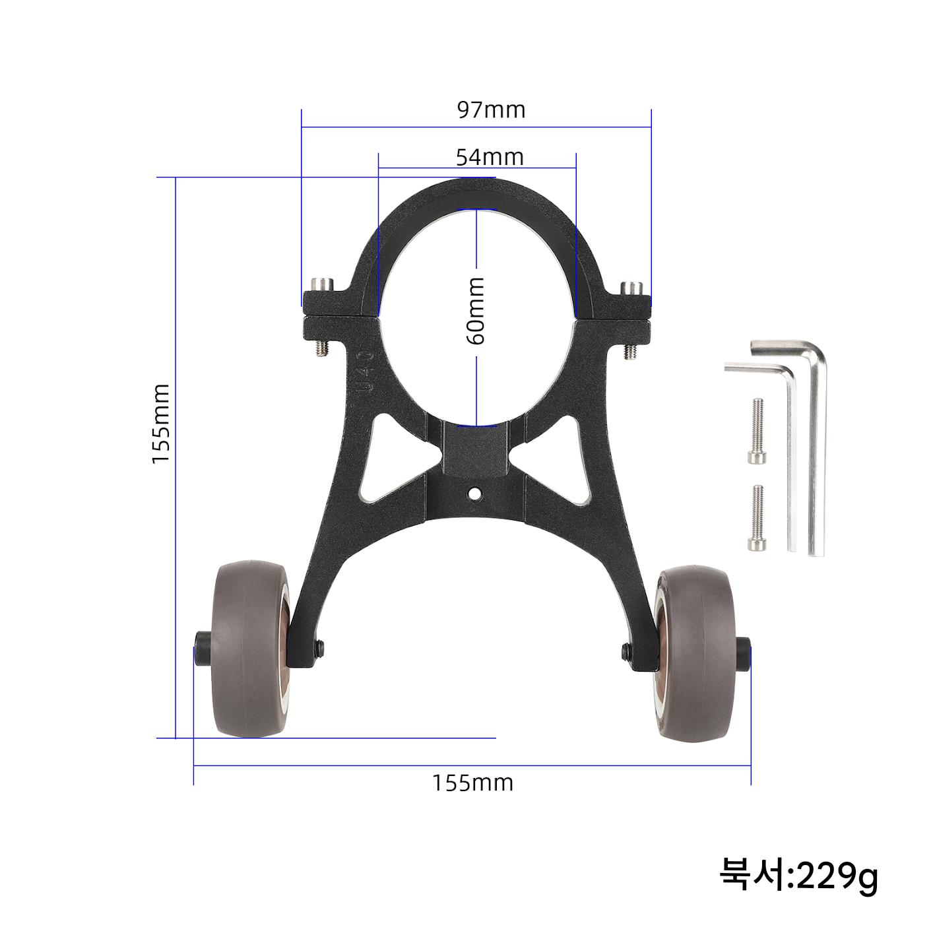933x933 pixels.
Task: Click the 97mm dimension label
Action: [x=491, y=110]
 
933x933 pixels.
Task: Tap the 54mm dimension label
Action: [x=490, y=157]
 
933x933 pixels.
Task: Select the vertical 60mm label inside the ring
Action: [x=476, y=311]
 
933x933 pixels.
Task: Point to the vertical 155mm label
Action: [x=160, y=424]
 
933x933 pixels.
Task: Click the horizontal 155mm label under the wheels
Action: [x=472, y=783]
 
